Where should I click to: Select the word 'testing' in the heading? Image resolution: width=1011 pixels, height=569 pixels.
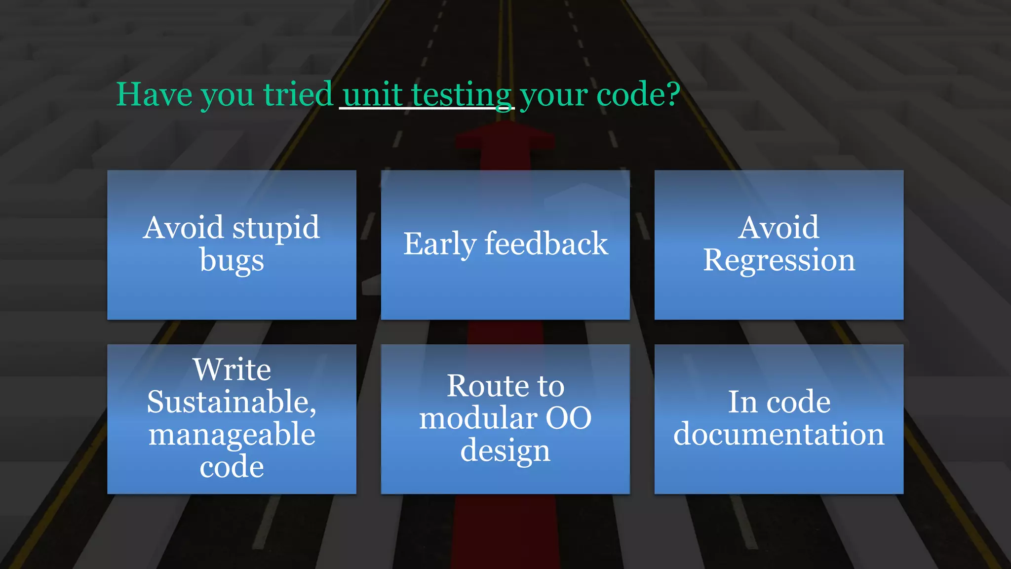click(x=462, y=95)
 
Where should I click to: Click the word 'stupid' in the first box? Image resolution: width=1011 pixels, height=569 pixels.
click(x=276, y=228)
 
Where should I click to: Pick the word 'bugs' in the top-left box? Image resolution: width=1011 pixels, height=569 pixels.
click(x=232, y=261)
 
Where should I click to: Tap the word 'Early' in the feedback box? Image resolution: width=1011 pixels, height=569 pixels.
click(x=440, y=244)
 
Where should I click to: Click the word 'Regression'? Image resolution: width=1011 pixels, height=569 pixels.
click(x=779, y=261)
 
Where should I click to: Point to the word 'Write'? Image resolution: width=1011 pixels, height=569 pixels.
click(x=232, y=369)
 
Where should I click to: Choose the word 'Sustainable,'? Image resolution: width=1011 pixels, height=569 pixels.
click(x=232, y=402)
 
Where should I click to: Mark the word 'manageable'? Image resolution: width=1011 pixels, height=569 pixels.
click(x=232, y=435)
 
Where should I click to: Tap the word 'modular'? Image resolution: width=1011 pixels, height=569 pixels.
click(x=477, y=418)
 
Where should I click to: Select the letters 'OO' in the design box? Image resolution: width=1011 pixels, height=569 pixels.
click(x=568, y=418)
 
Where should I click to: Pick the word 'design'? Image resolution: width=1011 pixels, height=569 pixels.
click(x=505, y=451)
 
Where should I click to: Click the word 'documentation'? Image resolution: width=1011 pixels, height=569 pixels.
click(x=779, y=435)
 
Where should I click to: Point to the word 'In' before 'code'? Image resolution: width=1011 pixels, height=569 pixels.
click(x=742, y=402)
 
